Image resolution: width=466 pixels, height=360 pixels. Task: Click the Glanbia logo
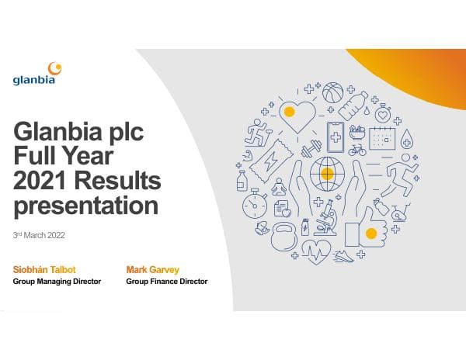34,74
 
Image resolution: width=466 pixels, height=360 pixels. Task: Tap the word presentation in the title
85,206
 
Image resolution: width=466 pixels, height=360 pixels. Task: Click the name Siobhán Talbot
43,269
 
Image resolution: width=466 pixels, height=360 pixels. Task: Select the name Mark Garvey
153,269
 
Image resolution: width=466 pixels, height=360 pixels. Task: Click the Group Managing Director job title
57,281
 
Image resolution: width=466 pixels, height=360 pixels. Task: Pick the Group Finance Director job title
166,281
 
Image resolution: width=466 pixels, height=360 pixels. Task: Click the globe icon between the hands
327,174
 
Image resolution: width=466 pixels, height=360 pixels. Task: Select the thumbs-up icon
368,229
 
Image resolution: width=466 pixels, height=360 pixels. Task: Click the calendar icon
382,138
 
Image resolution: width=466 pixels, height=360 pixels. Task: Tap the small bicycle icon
357,150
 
